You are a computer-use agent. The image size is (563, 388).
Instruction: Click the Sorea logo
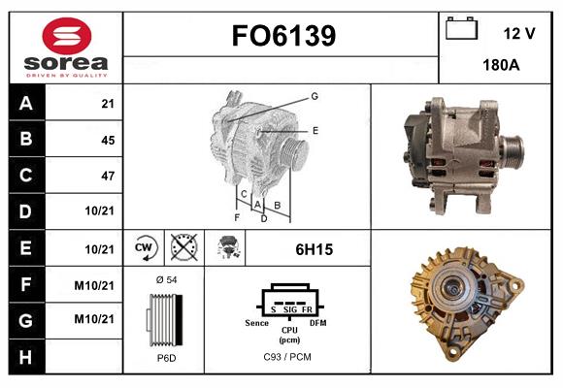[66, 48]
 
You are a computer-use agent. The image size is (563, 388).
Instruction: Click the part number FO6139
[282, 36]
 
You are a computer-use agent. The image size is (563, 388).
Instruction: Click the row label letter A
[24, 104]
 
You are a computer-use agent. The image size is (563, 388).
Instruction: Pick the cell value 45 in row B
[106, 140]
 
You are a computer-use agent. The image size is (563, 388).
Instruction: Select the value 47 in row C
[106, 176]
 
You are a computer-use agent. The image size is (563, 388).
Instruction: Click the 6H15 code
[314, 249]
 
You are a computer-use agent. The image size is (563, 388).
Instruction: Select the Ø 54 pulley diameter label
[165, 279]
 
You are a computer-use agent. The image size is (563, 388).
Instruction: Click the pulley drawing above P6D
[163, 318]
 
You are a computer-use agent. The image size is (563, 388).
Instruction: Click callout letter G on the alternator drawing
[315, 96]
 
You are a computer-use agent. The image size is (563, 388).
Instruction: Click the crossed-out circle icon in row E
[182, 248]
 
